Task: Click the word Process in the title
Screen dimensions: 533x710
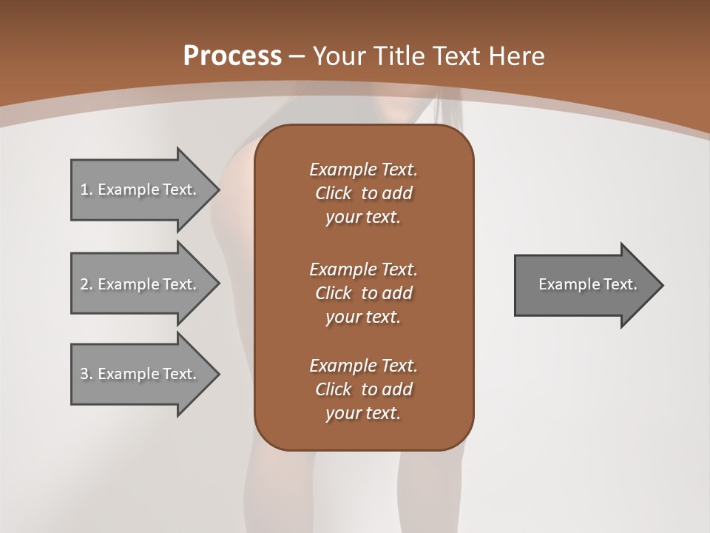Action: coord(232,56)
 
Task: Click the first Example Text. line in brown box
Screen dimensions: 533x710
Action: coord(363,170)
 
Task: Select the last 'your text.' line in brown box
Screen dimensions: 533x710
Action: coord(363,414)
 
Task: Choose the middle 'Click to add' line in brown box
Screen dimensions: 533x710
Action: coord(363,293)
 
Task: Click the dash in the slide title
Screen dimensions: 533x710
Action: coord(297,56)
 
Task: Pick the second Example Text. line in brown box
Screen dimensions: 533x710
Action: coord(363,269)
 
